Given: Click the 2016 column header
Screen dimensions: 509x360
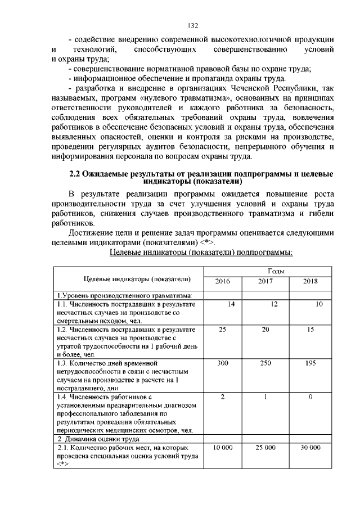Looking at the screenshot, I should coord(222,281).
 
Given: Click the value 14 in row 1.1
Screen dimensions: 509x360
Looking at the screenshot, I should coord(230,304).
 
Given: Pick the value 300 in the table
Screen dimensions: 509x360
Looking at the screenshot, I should coord(222,364).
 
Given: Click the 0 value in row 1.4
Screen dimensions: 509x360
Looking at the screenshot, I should coord(310,397).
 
